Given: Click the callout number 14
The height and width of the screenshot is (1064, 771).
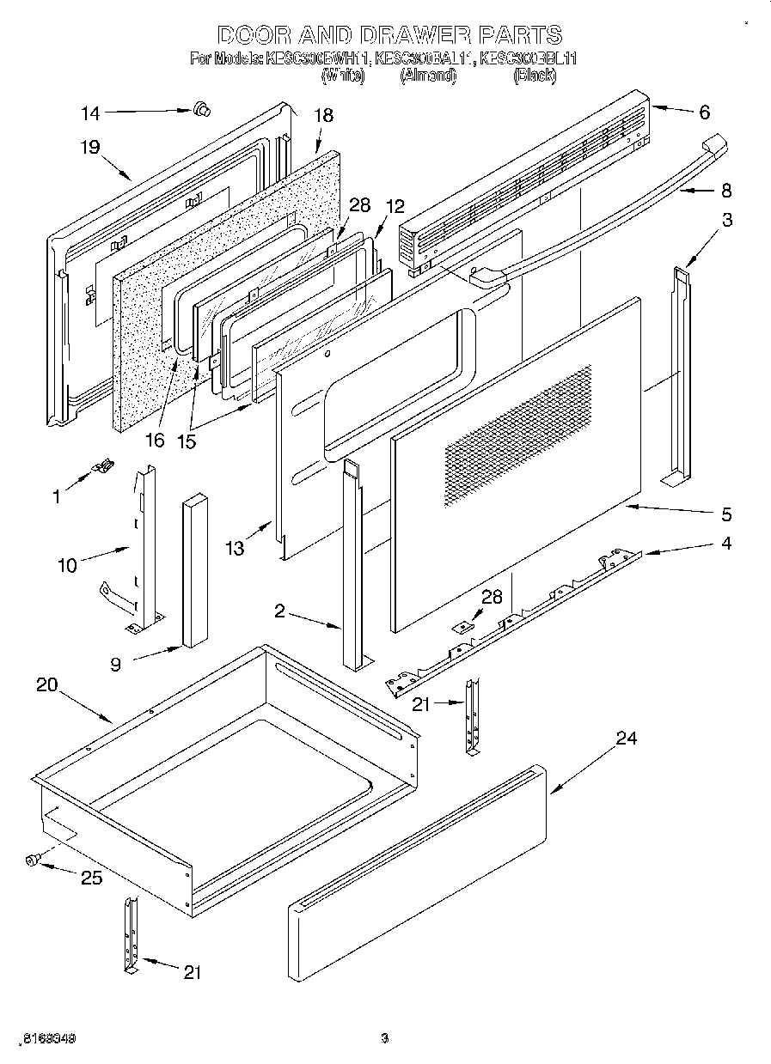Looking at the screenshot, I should pyautogui.click(x=90, y=112).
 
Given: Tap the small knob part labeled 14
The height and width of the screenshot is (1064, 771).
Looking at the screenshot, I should pyautogui.click(x=202, y=108).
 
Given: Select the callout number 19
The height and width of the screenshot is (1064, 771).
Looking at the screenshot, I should pyautogui.click(x=90, y=147).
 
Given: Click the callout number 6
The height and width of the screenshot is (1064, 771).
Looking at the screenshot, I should pyautogui.click(x=704, y=112).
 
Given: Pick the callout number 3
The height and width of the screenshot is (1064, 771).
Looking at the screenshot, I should pyautogui.click(x=726, y=220).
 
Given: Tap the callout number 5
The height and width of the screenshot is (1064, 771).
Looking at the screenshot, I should pyautogui.click(x=726, y=514).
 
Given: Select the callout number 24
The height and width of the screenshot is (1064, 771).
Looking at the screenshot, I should pyautogui.click(x=627, y=739).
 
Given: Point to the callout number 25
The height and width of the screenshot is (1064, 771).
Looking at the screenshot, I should pyautogui.click(x=91, y=878).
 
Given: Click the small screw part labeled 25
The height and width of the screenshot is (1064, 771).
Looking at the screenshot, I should pyautogui.click(x=34, y=859).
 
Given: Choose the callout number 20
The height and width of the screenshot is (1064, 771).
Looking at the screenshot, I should pyautogui.click(x=47, y=684).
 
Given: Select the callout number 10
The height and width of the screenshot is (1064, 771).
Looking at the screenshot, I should pyautogui.click(x=67, y=564).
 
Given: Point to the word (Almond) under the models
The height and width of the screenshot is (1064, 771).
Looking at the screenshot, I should pyautogui.click(x=427, y=76).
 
